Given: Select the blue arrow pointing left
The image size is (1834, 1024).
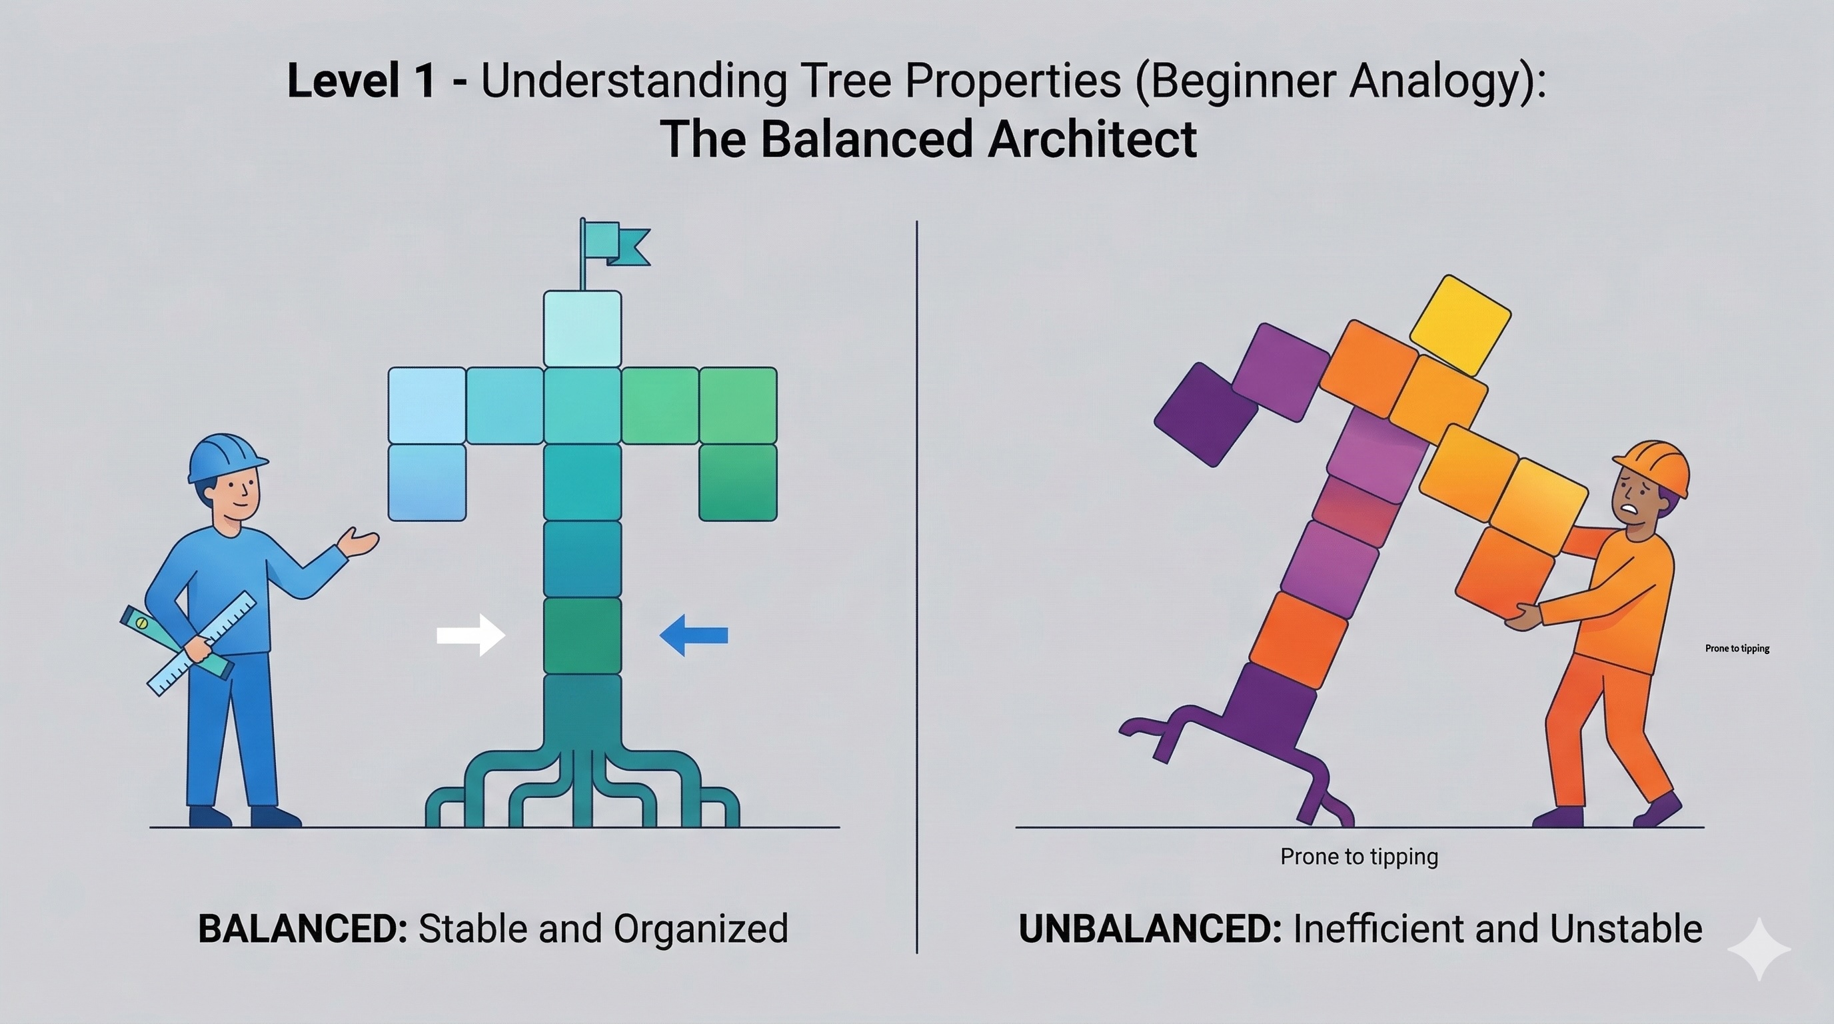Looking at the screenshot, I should pyautogui.click(x=694, y=635).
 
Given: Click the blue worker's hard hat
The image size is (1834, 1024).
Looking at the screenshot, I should pyautogui.click(x=227, y=456).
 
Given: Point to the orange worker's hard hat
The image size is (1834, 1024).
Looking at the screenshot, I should pyautogui.click(x=1656, y=466).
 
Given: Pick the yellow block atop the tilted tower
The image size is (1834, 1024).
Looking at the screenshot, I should pyautogui.click(x=1459, y=325).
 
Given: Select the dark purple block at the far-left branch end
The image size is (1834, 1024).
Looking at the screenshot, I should pyautogui.click(x=1206, y=414).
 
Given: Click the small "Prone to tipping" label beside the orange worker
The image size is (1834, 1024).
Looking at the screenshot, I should pyautogui.click(x=1737, y=648).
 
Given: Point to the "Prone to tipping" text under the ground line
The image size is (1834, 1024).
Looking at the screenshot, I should pyautogui.click(x=1359, y=856).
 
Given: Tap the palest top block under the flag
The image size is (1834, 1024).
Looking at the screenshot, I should pyautogui.click(x=582, y=329).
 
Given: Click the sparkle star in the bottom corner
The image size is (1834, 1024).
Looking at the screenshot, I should pyautogui.click(x=1759, y=949).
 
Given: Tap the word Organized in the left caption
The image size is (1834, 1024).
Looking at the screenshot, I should pyautogui.click(x=700, y=929).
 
